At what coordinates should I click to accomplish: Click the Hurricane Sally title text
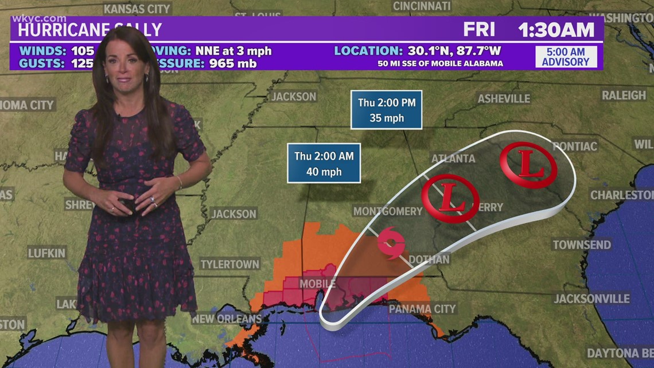tap(86, 29)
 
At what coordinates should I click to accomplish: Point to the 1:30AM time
tap(556, 29)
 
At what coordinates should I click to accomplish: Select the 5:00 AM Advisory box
tap(566, 56)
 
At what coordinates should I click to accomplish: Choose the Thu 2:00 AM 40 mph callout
tap(324, 163)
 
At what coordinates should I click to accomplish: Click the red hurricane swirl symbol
tap(391, 243)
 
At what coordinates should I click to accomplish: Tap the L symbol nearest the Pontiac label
tap(528, 165)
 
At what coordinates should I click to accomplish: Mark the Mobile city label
tap(317, 284)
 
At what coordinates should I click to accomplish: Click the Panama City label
tap(422, 309)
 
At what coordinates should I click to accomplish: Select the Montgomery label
tap(388, 211)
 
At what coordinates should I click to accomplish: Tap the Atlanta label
tap(453, 158)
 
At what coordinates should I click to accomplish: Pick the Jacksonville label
tap(591, 299)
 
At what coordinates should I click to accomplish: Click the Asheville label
tap(504, 99)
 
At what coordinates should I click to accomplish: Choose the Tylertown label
tap(230, 264)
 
